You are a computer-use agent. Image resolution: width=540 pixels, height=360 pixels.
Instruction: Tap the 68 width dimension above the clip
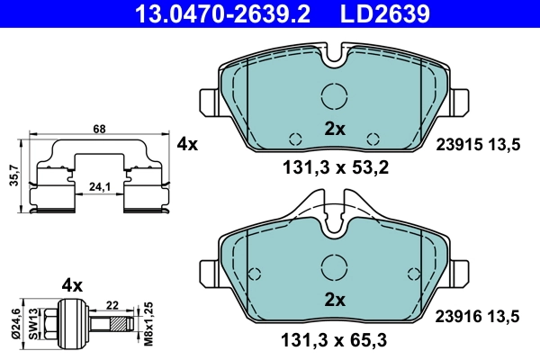pos(99,130)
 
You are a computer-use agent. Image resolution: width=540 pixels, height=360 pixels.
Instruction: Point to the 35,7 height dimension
pos(11,176)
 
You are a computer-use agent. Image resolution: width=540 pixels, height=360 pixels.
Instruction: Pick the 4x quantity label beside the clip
pos(187,143)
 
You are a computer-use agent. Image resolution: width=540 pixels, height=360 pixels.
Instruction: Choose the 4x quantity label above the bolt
pos(72,285)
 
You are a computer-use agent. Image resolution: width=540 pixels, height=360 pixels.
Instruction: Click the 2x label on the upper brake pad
pos(335,129)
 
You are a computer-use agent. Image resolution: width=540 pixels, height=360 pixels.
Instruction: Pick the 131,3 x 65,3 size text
pos(335,340)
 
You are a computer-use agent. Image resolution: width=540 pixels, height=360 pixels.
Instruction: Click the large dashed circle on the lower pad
pos(335,267)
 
